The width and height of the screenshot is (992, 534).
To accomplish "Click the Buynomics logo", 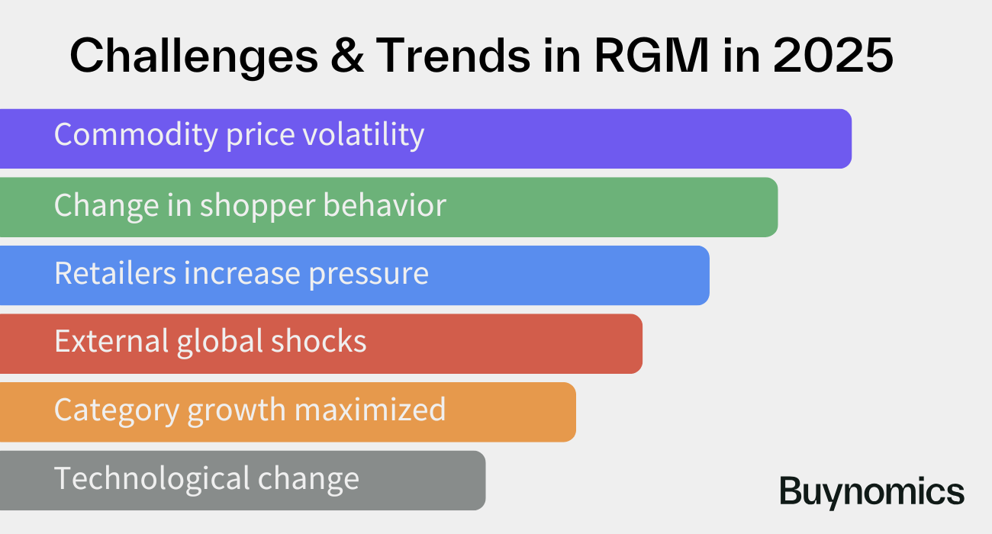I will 871,492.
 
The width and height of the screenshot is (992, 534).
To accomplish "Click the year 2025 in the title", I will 833,56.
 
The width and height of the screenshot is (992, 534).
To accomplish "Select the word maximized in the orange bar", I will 370,410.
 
